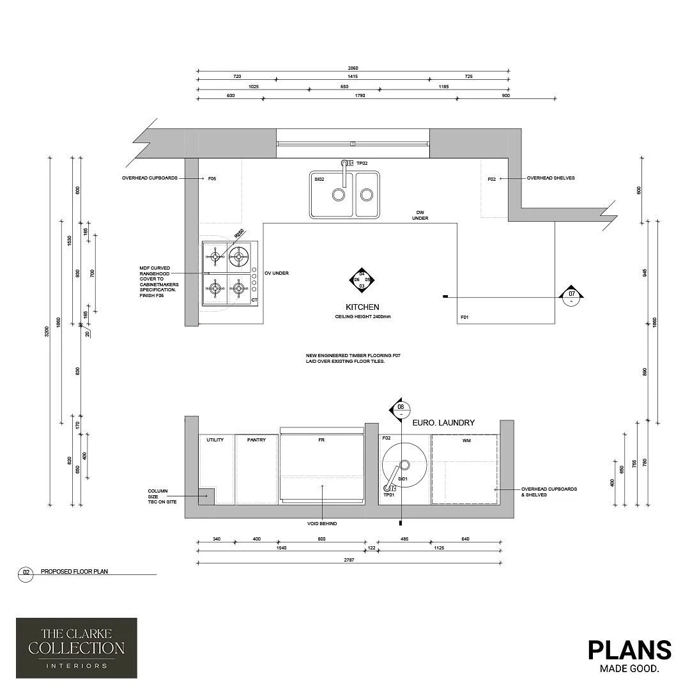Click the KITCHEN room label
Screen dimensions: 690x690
click(x=362, y=307)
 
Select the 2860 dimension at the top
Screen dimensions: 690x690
click(x=353, y=68)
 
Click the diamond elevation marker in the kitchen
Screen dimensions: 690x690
click(x=362, y=280)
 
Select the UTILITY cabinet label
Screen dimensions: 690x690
click(x=215, y=440)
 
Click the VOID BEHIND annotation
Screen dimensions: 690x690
click(x=323, y=524)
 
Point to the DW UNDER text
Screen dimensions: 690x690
click(x=420, y=215)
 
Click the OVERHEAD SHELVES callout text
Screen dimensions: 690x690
click(x=550, y=178)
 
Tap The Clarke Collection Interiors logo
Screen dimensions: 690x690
click(x=76, y=647)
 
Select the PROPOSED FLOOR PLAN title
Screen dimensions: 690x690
click(x=74, y=572)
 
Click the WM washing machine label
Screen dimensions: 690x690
click(x=465, y=440)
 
